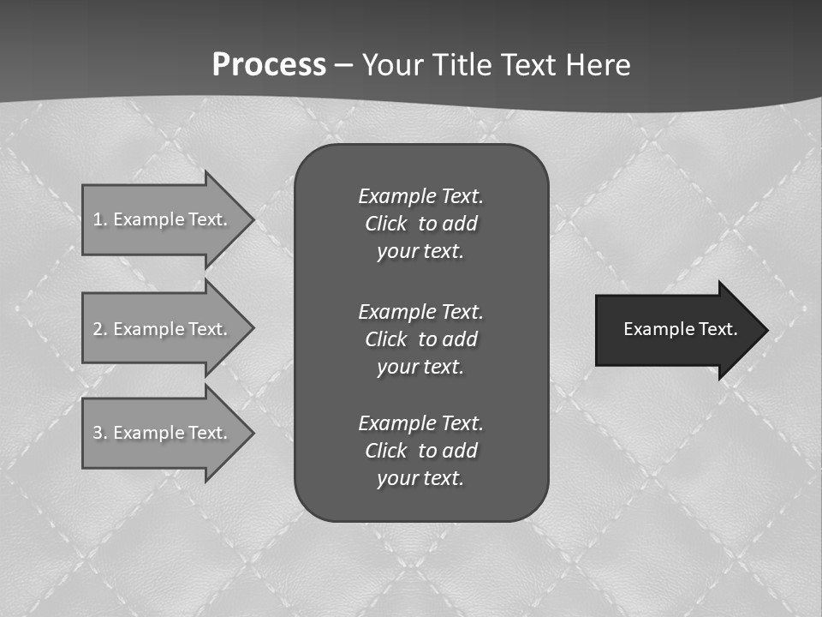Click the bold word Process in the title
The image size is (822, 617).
[x=269, y=65]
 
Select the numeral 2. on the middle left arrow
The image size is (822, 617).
[x=99, y=329]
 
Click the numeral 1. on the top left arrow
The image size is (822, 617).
[x=99, y=219]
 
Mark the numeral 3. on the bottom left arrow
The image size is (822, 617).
[x=99, y=433]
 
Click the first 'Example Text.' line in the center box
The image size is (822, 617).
[x=420, y=196]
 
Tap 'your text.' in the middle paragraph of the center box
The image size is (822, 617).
[x=420, y=367]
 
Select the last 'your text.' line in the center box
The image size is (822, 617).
[x=420, y=478]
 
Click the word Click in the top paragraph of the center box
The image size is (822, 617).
[x=386, y=224]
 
